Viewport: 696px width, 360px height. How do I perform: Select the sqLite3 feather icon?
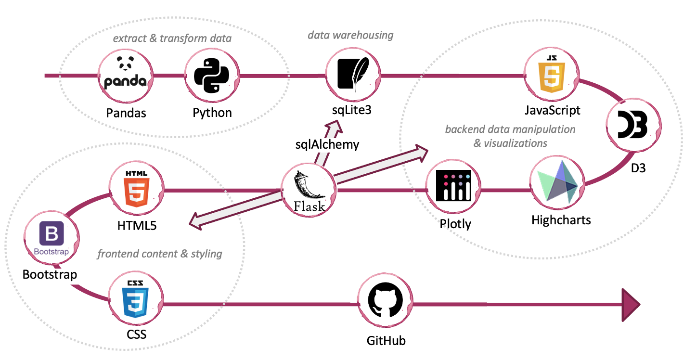click(352, 73)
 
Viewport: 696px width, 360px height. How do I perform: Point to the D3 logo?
click(632, 124)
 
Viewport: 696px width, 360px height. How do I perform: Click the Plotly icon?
click(453, 186)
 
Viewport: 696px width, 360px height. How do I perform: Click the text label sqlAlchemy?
click(327, 144)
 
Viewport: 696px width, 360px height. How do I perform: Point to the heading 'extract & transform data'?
click(172, 38)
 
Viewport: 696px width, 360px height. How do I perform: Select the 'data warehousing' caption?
click(350, 35)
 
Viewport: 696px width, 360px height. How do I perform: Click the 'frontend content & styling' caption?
click(160, 254)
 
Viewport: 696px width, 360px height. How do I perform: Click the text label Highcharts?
click(561, 220)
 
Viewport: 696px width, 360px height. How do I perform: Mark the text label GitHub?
click(386, 341)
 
